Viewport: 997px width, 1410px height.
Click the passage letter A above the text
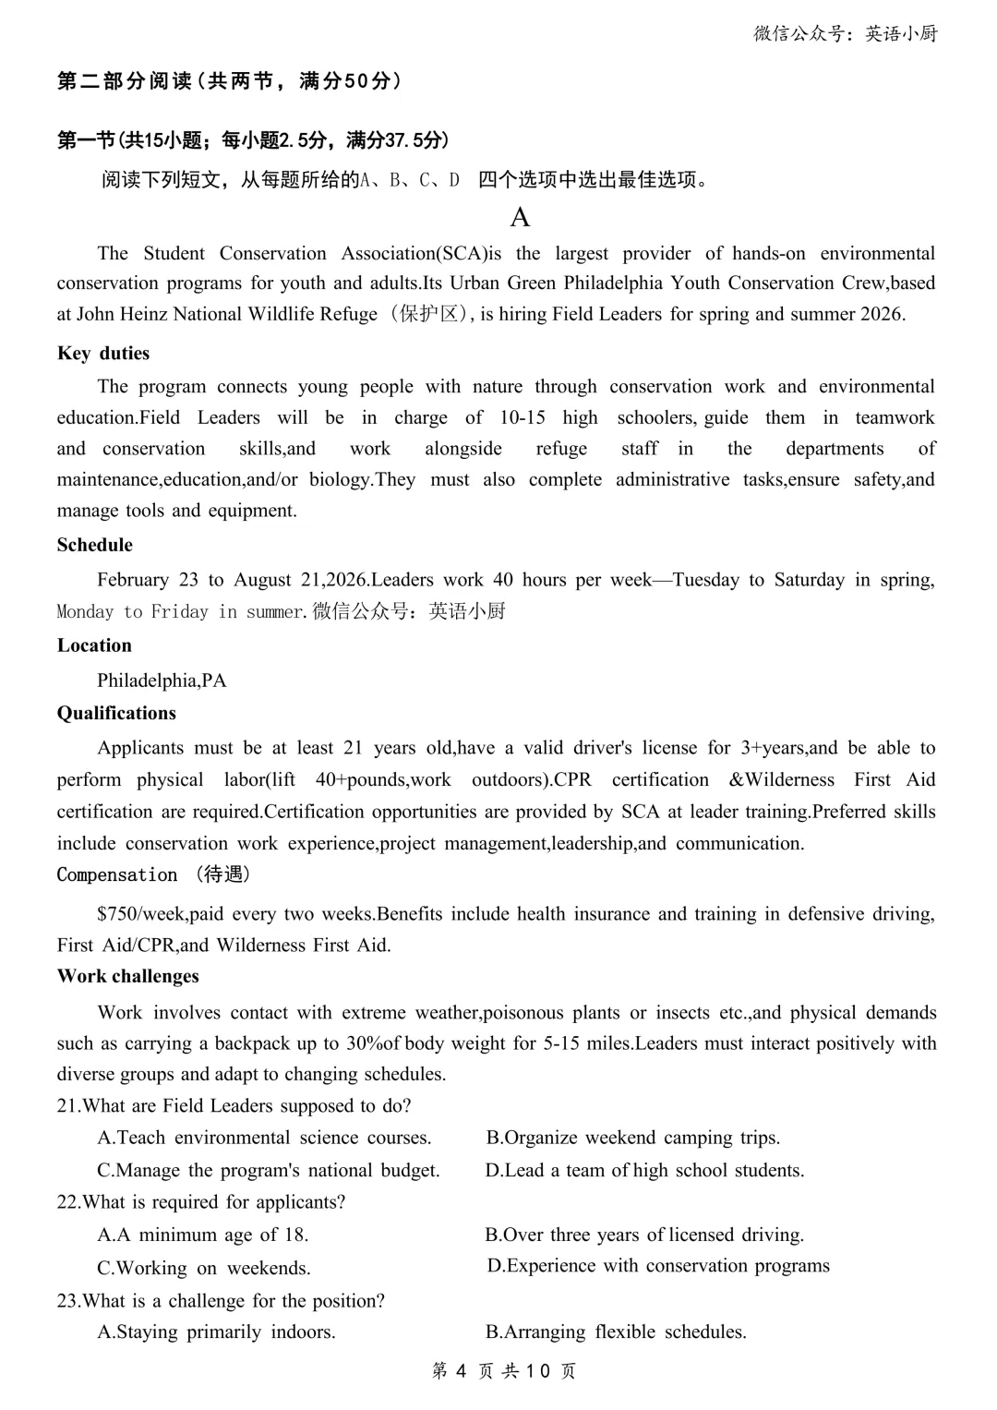[x=520, y=218]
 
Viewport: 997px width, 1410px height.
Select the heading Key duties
[x=102, y=354]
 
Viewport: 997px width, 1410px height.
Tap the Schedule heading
[x=94, y=545]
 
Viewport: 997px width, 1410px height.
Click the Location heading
[x=94, y=645]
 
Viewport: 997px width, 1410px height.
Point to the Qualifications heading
[x=116, y=713]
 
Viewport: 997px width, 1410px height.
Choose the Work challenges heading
[x=127, y=976]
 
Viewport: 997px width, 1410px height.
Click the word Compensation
[x=117, y=874]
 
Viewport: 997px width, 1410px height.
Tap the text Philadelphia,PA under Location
[x=162, y=681]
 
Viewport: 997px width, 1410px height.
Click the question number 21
[x=67, y=1106]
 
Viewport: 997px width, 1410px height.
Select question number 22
[x=67, y=1202]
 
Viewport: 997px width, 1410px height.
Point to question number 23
[x=67, y=1301]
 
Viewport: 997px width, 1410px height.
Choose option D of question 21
[x=644, y=1171]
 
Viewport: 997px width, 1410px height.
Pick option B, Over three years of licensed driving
[x=644, y=1235]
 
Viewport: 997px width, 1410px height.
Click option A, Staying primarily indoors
[x=216, y=1332]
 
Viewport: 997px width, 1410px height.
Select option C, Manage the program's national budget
[x=268, y=1171]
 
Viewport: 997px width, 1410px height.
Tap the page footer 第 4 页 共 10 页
[x=504, y=1371]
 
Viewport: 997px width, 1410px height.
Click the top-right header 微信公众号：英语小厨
[x=845, y=34]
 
